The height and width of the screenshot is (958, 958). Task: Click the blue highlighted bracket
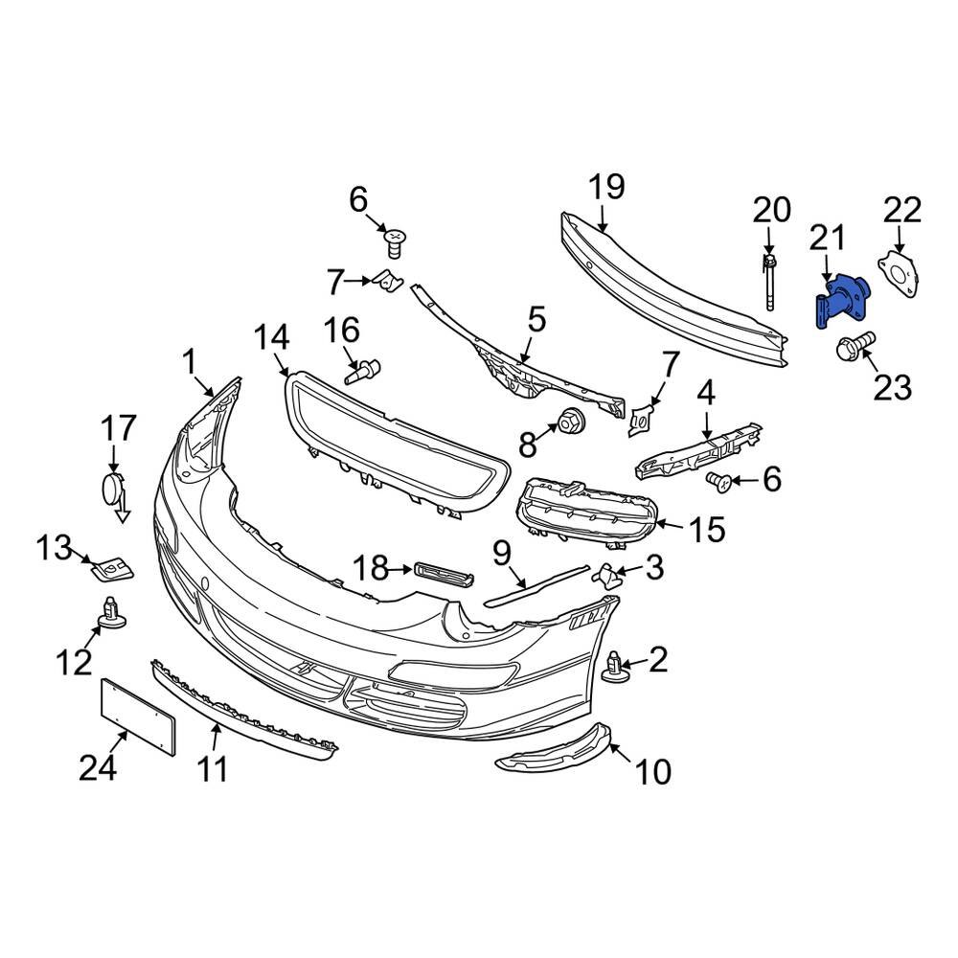(840, 301)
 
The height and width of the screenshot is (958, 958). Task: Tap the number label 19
(605, 187)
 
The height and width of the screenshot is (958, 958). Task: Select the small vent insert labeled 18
(444, 572)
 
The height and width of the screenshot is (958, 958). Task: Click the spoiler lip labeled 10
(553, 750)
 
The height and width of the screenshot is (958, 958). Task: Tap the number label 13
(55, 548)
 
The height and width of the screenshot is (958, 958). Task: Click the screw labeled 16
(363, 370)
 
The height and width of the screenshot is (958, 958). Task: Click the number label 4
(706, 392)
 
